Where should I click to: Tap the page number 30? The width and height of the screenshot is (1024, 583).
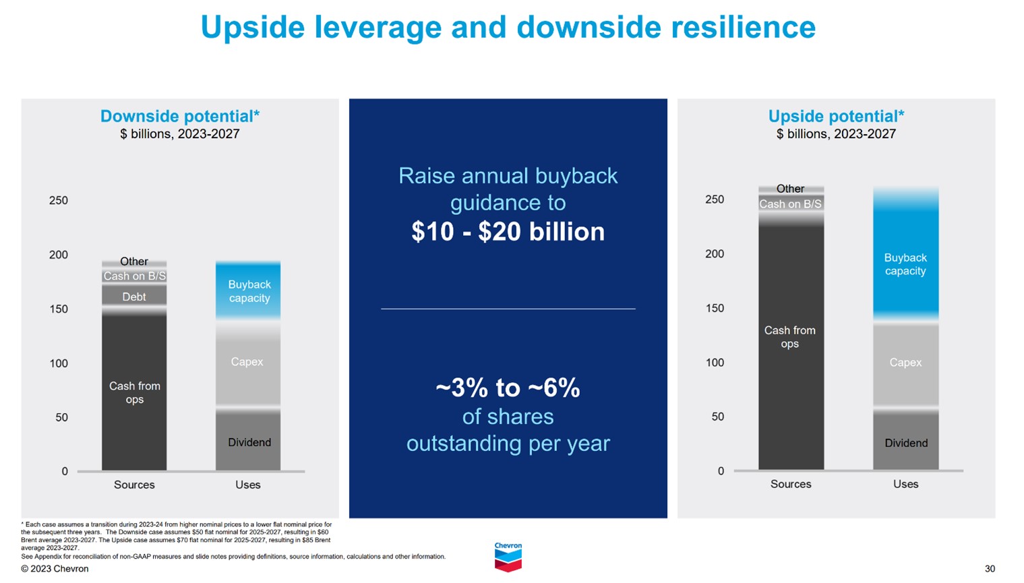989,569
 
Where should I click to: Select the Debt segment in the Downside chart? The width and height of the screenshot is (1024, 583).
134,297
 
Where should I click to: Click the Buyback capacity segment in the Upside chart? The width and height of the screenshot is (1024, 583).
905,264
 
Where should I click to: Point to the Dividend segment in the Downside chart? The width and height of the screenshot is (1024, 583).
249,442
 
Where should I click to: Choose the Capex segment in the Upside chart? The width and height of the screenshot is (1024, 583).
905,363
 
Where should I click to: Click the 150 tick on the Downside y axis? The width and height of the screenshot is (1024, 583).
59,309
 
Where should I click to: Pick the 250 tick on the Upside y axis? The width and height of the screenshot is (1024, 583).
715,200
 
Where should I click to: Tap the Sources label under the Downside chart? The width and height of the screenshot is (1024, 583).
134,485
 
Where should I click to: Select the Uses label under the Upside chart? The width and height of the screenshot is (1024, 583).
905,484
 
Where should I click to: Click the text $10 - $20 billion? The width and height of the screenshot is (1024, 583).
508,232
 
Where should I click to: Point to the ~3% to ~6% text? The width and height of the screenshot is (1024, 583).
508,388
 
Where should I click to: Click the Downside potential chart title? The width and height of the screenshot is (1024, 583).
179,116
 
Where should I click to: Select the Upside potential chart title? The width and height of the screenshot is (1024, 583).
836,116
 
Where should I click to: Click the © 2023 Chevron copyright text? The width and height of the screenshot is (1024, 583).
55,569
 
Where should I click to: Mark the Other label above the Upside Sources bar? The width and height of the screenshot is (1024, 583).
790,189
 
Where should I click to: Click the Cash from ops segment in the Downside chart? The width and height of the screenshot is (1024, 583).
134,392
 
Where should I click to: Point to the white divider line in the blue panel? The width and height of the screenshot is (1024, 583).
508,309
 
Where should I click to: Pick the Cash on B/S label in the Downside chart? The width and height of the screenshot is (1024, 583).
134,276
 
